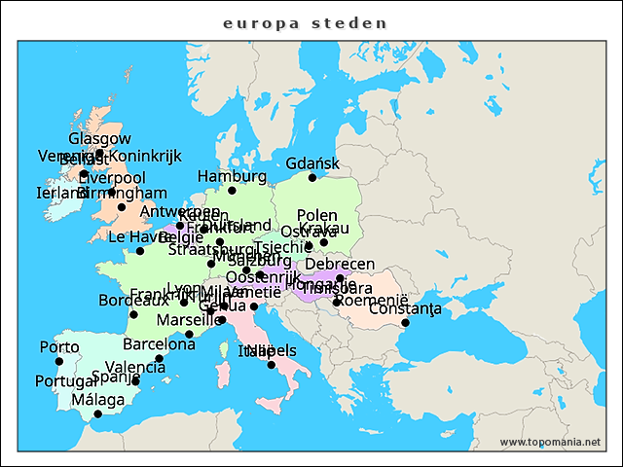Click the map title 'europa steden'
(305, 22)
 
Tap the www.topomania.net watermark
(550, 442)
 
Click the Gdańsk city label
(312, 162)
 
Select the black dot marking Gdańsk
(312, 178)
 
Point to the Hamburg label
(232, 176)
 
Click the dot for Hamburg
(232, 191)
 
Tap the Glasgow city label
(99, 139)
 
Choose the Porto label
(58, 347)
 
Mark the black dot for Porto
(58, 362)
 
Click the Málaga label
(97, 400)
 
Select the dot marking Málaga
(97, 414)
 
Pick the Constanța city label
(405, 308)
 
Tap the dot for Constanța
(405, 322)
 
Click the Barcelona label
(160, 343)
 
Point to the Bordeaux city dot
(133, 314)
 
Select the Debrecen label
(340, 264)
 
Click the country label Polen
(317, 215)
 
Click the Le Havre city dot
(140, 251)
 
